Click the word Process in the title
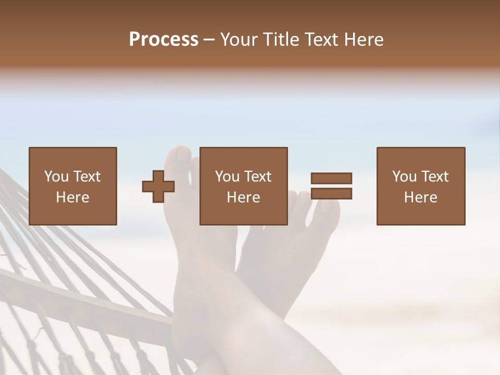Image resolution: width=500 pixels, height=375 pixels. (164, 40)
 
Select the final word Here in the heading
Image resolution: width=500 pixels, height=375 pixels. (363, 40)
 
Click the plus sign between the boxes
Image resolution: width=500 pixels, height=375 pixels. (158, 186)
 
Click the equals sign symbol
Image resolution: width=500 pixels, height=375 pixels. (331, 186)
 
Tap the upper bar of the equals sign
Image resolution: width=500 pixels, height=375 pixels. (331, 179)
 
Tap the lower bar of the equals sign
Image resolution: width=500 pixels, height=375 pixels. (331, 194)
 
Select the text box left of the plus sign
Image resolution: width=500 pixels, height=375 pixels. (72, 186)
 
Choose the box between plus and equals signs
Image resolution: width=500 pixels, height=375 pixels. (243, 186)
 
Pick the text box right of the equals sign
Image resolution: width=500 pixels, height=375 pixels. (420, 186)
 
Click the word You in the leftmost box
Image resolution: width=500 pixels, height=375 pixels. (56, 177)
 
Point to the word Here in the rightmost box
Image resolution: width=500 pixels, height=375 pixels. (420, 197)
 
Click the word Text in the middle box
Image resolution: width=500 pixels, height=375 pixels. (257, 177)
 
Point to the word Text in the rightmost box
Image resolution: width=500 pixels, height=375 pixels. (434, 177)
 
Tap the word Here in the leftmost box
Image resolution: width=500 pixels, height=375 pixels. (72, 197)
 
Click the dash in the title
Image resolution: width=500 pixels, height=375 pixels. (209, 40)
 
